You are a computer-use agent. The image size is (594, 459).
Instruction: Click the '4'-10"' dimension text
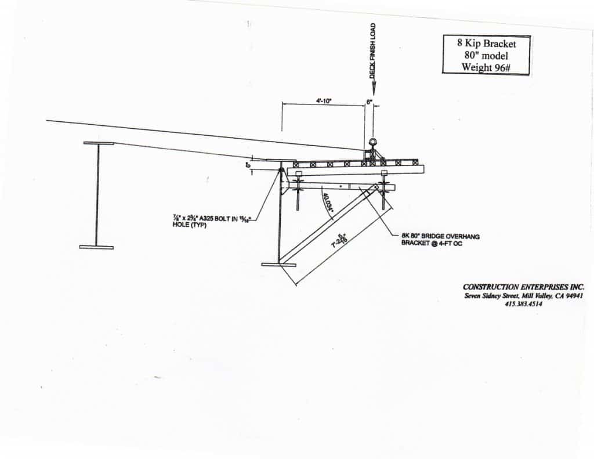click(323, 101)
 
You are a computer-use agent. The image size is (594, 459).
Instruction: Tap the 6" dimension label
click(369, 100)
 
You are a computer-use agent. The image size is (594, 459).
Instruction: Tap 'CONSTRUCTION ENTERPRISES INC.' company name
click(524, 287)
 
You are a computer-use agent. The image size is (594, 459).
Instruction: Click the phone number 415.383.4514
click(523, 305)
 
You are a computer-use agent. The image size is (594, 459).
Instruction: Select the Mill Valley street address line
click(524, 296)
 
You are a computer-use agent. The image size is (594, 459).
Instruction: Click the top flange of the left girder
click(99, 143)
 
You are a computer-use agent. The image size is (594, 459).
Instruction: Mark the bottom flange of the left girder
click(96, 247)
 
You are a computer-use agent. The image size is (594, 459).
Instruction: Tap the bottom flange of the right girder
click(278, 265)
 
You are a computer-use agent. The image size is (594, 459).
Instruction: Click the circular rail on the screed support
click(371, 143)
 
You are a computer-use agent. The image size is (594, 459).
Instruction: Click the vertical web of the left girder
click(97, 195)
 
